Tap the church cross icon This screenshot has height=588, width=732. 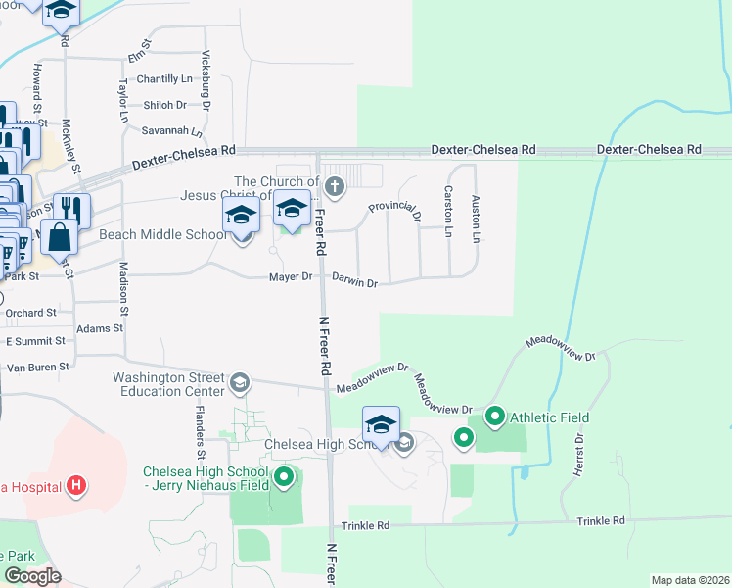(335, 186)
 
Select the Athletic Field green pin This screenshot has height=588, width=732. (494, 418)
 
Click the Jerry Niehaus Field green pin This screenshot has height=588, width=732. (284, 477)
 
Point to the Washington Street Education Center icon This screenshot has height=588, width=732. (240, 382)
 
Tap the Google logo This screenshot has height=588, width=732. (32, 575)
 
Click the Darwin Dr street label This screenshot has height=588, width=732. (354, 282)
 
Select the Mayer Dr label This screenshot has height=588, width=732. (291, 278)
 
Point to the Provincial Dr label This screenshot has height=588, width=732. (393, 208)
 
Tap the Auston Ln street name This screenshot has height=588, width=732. (477, 219)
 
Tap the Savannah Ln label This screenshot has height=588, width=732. (171, 130)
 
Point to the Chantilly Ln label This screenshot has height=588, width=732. (164, 78)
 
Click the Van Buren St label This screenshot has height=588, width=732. (38, 367)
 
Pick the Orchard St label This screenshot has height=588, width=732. (30, 314)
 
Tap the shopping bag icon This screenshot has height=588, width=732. (59, 237)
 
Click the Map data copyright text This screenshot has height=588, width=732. (690, 580)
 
